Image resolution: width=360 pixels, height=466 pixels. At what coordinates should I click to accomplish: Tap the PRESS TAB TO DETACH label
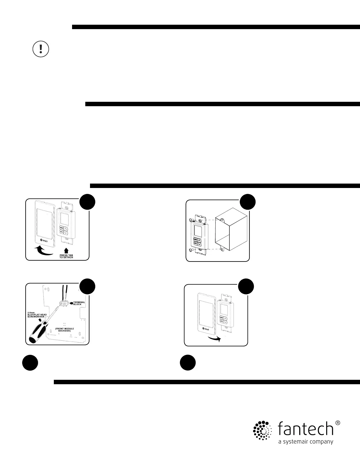point(66,256)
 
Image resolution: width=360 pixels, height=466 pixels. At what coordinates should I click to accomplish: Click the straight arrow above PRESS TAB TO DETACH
point(66,250)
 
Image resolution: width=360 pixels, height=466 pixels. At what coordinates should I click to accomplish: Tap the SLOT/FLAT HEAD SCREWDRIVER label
point(37,315)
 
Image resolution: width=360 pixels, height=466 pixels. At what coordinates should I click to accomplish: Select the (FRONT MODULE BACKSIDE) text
point(64,330)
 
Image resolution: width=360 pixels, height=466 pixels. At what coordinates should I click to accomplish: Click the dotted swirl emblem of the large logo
point(261,430)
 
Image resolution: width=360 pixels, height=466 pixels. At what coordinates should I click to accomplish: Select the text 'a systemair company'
point(306,442)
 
